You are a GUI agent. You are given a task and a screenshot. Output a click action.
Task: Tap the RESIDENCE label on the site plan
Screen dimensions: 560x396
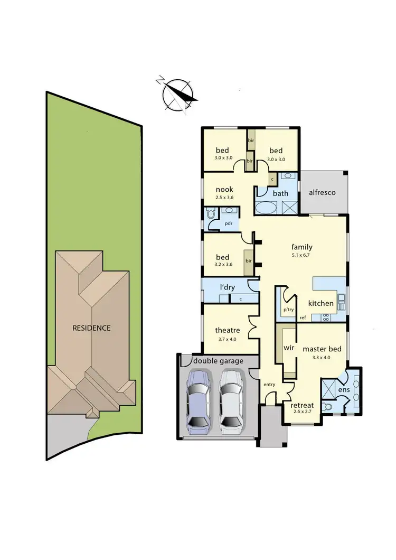tap(91, 328)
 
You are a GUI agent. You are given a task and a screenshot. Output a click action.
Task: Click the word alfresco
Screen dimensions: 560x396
tap(322, 193)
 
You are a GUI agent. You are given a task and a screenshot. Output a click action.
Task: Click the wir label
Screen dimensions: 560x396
tap(289, 349)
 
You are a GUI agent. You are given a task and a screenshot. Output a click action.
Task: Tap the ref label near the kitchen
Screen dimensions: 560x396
tap(303, 318)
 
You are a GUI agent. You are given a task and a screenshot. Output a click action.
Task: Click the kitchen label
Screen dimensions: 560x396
tap(321, 303)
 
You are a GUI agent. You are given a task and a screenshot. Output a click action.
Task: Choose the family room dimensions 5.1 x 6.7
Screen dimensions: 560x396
tap(302, 255)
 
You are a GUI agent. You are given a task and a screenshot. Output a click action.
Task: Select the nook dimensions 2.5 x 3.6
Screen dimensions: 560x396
tap(224, 198)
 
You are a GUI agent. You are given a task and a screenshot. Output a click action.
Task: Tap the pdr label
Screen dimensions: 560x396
tap(229, 223)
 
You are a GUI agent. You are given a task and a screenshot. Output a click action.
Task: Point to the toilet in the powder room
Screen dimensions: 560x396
tap(210, 214)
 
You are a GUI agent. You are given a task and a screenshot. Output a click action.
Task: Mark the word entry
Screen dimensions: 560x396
tap(269, 384)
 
